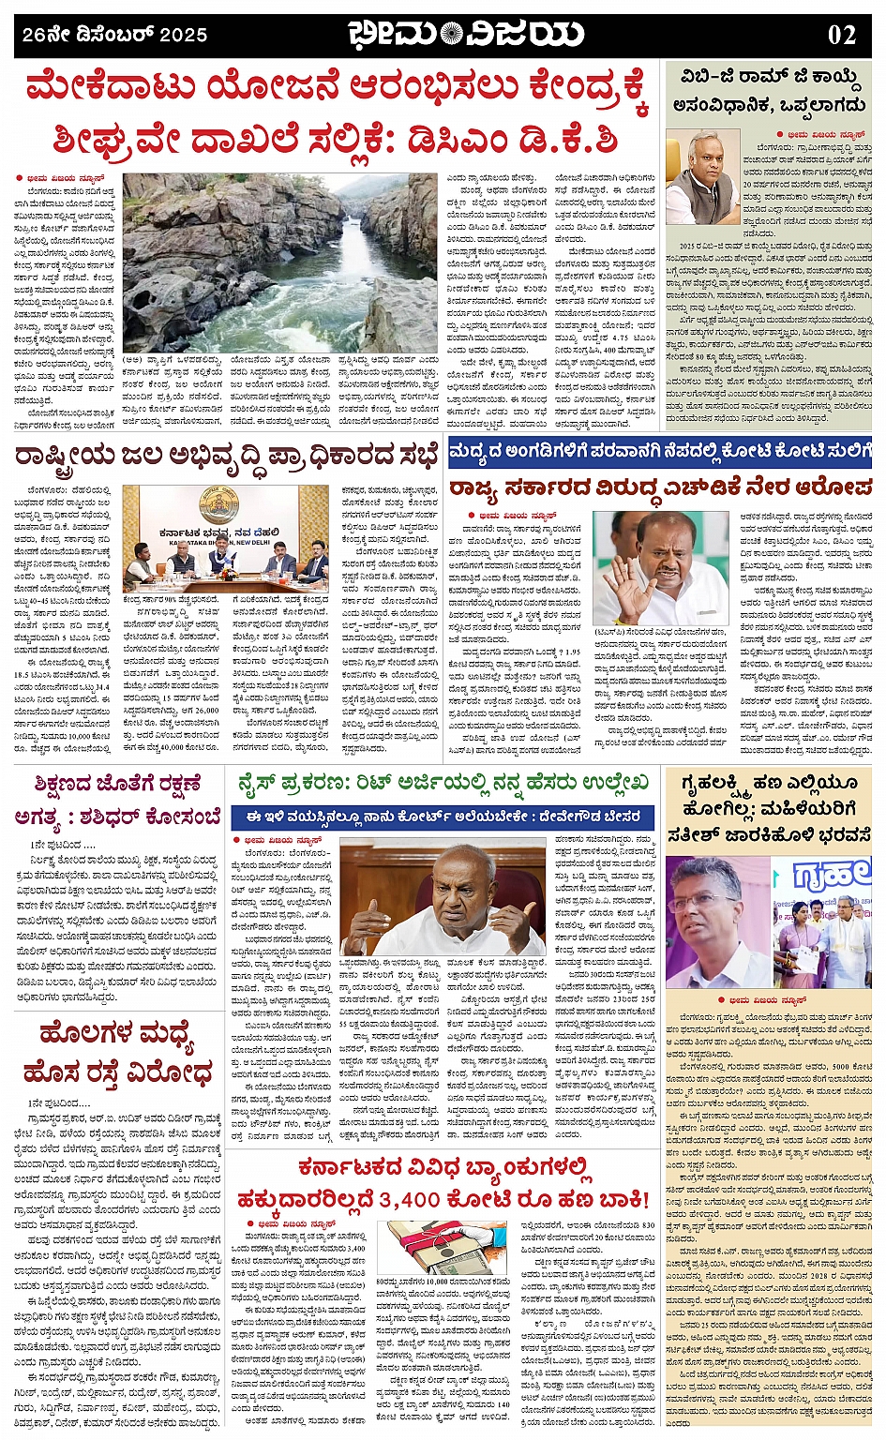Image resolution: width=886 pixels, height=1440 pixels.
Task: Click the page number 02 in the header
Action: (841, 36)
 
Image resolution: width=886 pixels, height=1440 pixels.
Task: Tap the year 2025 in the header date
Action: (184, 36)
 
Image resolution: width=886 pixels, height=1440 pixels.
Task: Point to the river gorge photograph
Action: (279, 262)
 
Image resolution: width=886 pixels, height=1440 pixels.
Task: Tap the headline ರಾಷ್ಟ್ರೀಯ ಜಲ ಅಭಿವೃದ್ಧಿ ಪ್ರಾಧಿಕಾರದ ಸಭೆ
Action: (225, 457)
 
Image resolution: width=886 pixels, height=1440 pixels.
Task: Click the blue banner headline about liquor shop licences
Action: (659, 451)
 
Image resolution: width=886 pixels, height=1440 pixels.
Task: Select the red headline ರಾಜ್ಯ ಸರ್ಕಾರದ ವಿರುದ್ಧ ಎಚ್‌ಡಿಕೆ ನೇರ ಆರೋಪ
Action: (659, 487)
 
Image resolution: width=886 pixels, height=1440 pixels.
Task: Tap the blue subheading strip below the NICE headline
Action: (443, 816)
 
